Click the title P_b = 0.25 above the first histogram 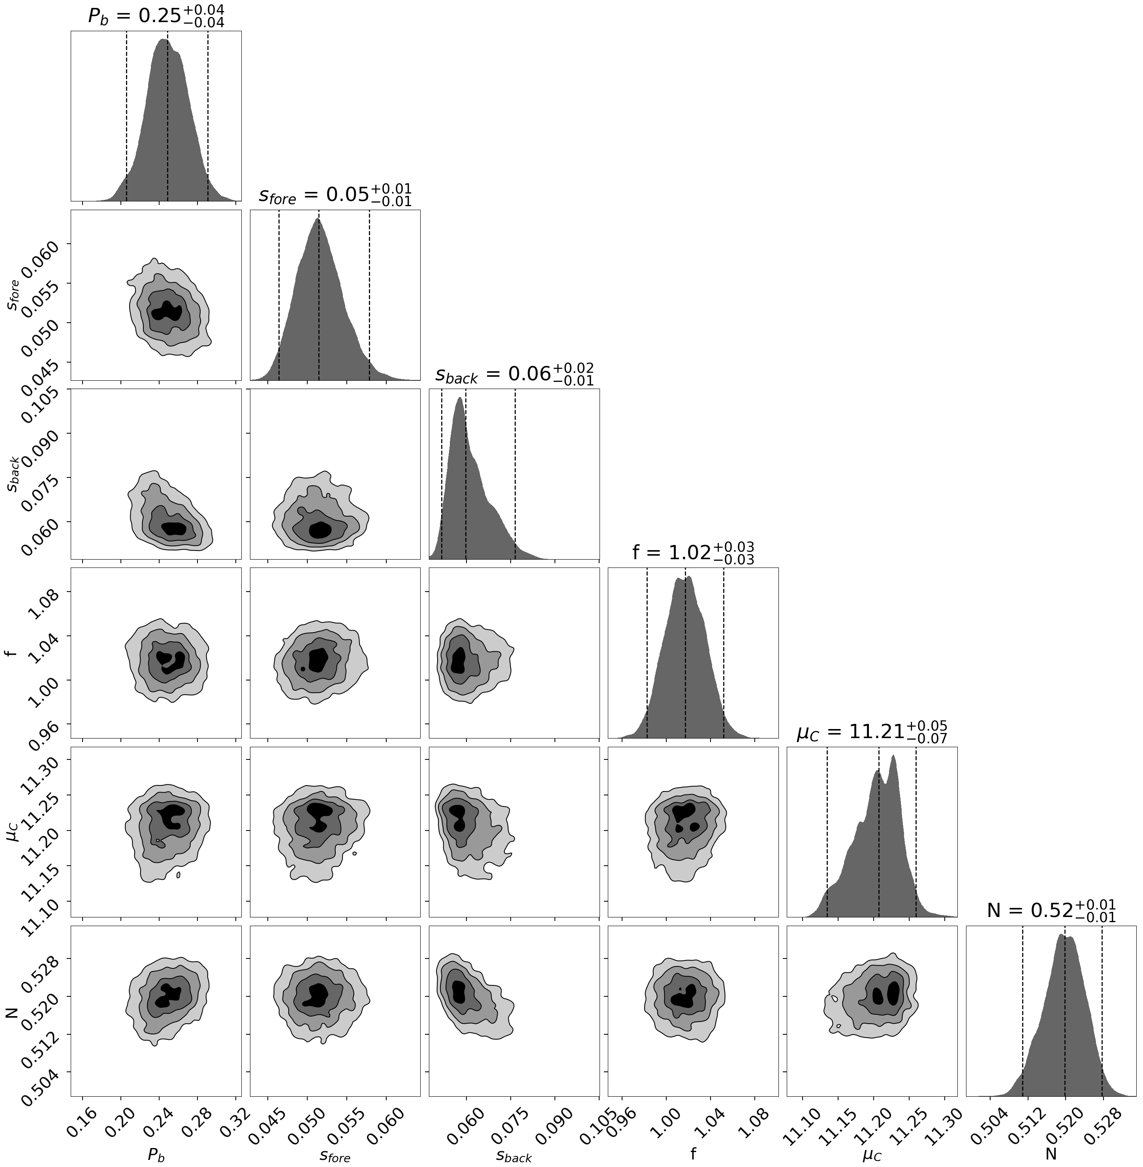coord(156,16)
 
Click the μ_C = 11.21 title coord(872,732)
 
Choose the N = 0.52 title coord(1051,911)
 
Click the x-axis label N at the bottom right coord(1051,1153)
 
